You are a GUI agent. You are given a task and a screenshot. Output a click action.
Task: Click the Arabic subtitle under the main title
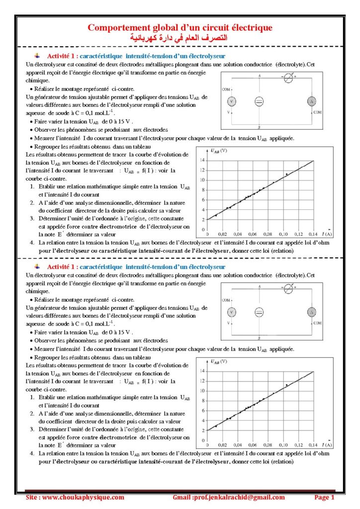click(180, 37)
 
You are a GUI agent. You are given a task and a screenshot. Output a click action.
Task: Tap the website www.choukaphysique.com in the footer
click(75, 497)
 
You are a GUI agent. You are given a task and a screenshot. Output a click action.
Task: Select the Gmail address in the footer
click(229, 497)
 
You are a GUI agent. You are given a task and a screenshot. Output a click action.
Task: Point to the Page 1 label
click(324, 497)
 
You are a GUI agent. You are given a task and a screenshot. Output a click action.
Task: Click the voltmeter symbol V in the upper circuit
click(231, 101)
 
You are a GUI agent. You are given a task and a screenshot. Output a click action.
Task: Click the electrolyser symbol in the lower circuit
click(259, 312)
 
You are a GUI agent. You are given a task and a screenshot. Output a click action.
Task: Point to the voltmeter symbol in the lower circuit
click(231, 312)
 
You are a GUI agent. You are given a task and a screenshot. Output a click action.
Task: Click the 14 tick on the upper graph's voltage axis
click(202, 161)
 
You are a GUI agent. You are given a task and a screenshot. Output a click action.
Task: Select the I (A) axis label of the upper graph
click(327, 234)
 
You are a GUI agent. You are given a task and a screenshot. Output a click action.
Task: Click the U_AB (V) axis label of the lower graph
click(219, 361)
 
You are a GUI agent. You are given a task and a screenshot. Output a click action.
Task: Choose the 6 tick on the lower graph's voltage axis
click(202, 411)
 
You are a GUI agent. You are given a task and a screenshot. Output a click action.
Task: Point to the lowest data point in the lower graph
click(216, 426)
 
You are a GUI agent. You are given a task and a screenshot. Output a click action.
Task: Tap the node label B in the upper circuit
click(260, 128)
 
